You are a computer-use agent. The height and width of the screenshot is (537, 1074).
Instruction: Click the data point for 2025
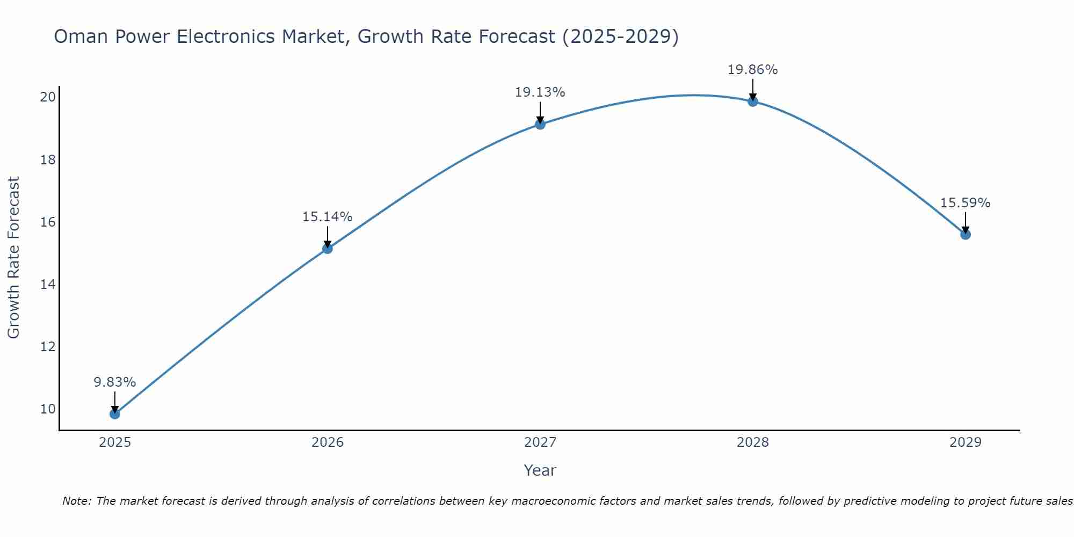click(x=114, y=413)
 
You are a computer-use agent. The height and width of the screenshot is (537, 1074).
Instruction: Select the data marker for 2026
click(x=327, y=248)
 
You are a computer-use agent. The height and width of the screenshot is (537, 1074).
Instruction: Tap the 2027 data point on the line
click(x=540, y=124)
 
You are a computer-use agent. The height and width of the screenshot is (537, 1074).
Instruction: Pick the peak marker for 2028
click(x=752, y=101)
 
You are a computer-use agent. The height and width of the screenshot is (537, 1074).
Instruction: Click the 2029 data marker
click(x=965, y=234)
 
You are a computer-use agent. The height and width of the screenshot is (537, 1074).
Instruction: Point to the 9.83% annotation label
click(x=114, y=382)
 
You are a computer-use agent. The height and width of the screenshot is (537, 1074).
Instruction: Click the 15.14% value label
click(x=327, y=217)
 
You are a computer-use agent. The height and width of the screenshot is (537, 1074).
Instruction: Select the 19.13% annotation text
click(x=540, y=92)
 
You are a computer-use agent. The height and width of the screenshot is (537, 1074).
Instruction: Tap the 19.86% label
click(x=752, y=70)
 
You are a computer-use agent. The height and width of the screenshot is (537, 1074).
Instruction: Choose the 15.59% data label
click(x=965, y=203)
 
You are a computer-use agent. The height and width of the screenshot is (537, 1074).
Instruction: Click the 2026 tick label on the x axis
click(x=327, y=442)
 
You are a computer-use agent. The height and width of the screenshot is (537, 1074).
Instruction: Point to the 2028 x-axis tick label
click(x=752, y=442)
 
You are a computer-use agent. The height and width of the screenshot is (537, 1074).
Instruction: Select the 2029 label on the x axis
click(x=965, y=442)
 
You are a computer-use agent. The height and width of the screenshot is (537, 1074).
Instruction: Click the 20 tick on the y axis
click(x=48, y=97)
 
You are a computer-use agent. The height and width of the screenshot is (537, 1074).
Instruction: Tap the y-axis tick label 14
click(x=48, y=285)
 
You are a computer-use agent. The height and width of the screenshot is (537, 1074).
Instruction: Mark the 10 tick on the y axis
click(x=48, y=409)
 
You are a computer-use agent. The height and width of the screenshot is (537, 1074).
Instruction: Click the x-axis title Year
click(x=540, y=470)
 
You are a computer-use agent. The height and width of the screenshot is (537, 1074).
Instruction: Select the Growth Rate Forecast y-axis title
click(x=14, y=258)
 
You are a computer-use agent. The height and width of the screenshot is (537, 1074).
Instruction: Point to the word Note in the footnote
click(x=76, y=501)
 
